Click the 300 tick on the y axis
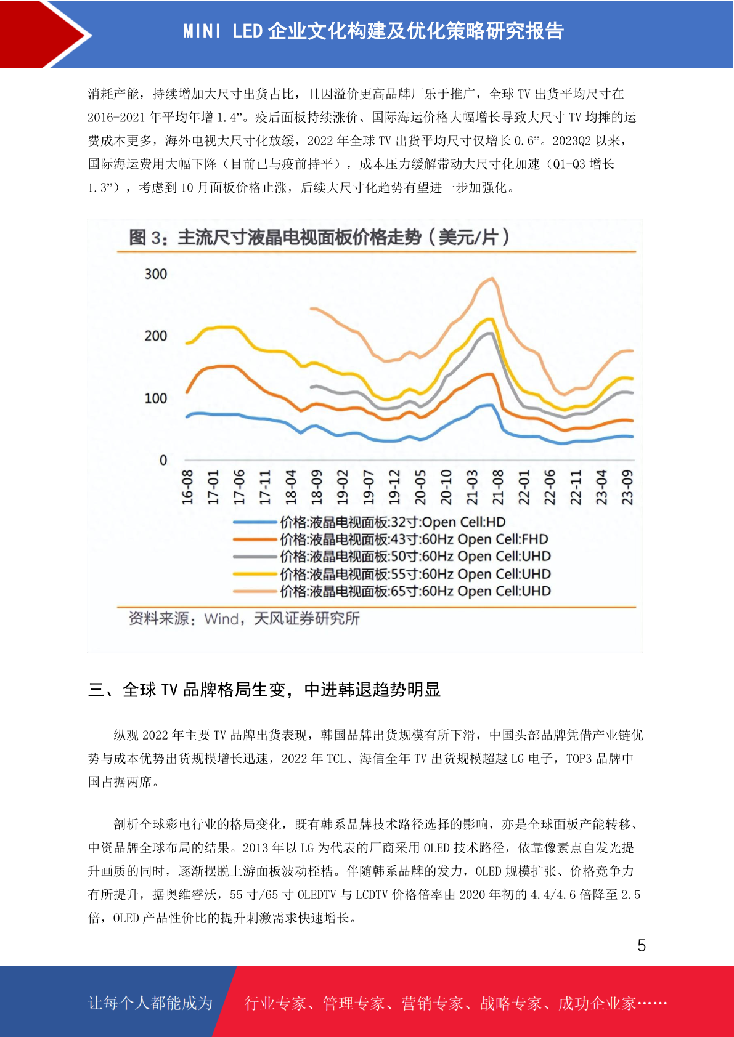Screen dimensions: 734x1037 156,274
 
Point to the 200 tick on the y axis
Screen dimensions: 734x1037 156,336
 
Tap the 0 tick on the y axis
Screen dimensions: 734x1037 163,460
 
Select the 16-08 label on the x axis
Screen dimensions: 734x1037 187,488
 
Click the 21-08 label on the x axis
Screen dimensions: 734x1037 498,488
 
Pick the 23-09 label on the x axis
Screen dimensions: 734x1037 627,488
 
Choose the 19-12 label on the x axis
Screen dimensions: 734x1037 394,488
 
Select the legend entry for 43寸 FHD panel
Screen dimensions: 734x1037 391,539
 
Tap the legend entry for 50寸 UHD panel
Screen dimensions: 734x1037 392,557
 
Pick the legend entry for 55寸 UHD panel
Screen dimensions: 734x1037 392,574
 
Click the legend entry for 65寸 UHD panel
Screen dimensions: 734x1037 392,591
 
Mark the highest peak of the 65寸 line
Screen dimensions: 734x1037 492,278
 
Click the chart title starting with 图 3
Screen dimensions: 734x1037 319,238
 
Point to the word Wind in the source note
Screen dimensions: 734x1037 221,619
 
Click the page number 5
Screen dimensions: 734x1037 642,946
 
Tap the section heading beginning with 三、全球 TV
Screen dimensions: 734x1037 264,690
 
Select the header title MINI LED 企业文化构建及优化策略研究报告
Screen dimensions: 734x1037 373,31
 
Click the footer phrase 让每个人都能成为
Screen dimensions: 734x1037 150,1003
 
